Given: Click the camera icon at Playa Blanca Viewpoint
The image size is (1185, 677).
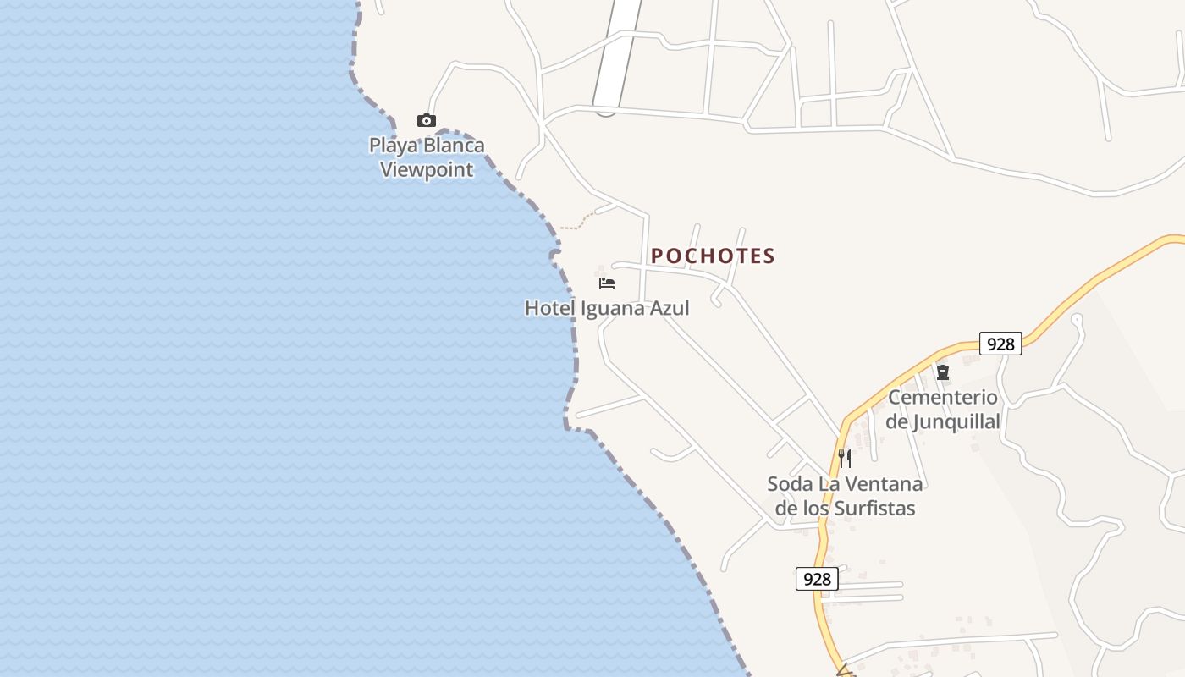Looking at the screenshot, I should tap(427, 121).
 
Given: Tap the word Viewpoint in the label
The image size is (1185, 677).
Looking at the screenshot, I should tap(427, 169).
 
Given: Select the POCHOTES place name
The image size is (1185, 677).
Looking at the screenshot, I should tap(713, 256).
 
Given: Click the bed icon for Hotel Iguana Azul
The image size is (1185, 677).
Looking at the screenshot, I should tap(606, 283).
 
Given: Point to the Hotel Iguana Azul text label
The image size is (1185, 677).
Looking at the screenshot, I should tap(607, 308).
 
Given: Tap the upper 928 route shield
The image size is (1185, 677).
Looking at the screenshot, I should tap(1000, 344).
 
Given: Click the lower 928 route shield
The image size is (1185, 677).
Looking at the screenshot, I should tap(817, 579).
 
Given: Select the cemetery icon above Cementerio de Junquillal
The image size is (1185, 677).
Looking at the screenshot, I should tap(942, 372).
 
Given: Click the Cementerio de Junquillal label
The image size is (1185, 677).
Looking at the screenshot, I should tap(943, 409).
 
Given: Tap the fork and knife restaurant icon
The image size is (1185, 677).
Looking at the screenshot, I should tap(844, 459).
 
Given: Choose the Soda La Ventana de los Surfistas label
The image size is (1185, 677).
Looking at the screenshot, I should tap(845, 496).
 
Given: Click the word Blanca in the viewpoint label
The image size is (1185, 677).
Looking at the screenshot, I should tap(454, 146).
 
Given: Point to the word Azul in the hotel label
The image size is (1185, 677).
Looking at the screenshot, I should tap(669, 308).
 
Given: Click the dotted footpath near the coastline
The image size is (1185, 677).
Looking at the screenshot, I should tap(575, 225).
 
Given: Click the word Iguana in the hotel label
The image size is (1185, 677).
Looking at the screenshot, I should tap(611, 308).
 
